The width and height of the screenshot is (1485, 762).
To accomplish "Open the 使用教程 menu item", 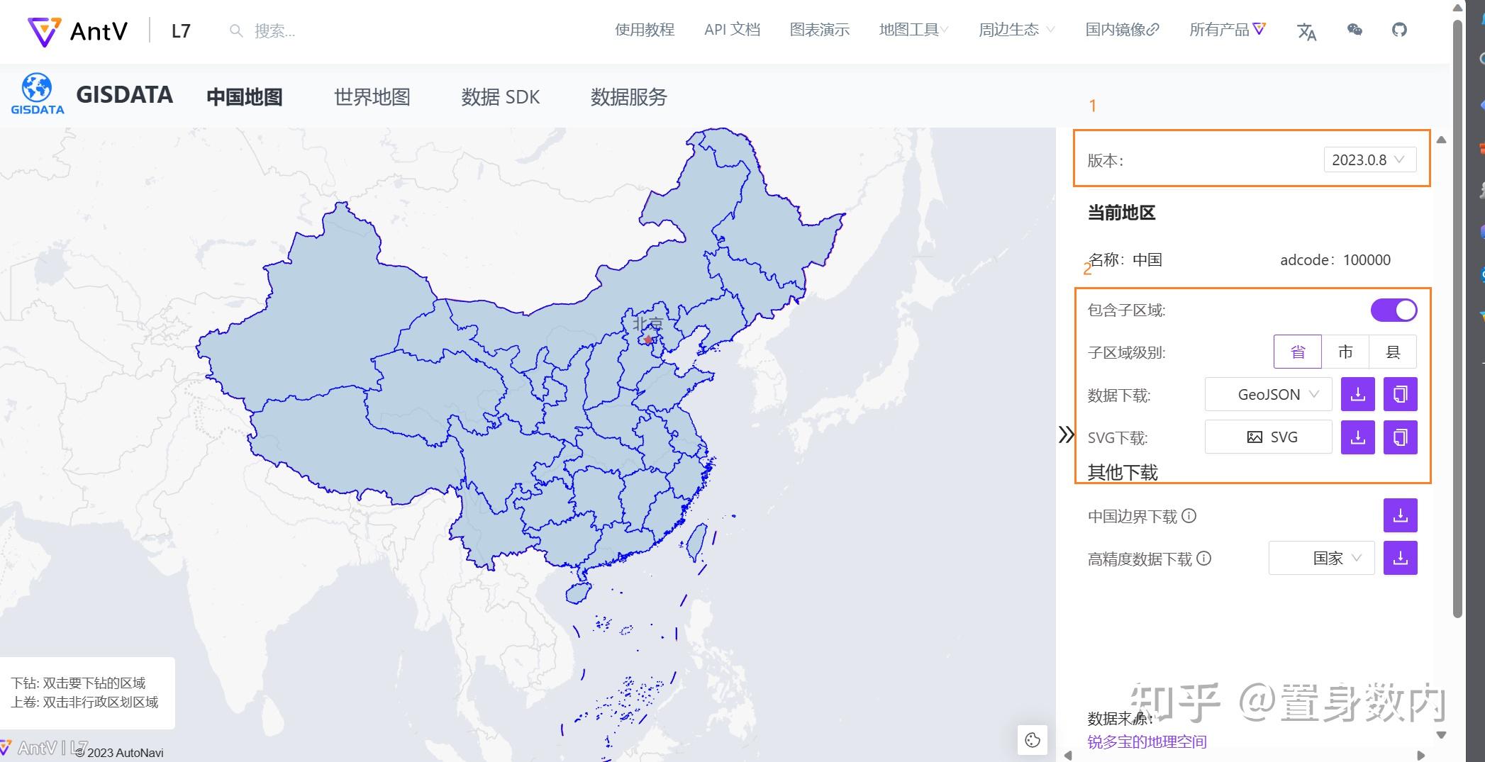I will pyautogui.click(x=644, y=30).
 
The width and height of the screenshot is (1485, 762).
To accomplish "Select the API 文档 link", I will pyautogui.click(x=732, y=30).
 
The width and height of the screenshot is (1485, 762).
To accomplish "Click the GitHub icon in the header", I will pyautogui.click(x=1398, y=30).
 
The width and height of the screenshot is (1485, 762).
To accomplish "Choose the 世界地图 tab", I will pyautogui.click(x=372, y=97).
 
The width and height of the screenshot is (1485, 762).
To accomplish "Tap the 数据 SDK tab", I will pyautogui.click(x=500, y=97).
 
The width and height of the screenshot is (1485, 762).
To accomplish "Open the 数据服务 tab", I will pyautogui.click(x=628, y=97).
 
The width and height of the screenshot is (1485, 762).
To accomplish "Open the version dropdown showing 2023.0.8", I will pyautogui.click(x=1369, y=159).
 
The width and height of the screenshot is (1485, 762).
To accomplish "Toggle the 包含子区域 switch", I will pyautogui.click(x=1393, y=310).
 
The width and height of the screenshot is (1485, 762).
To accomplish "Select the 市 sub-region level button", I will pyautogui.click(x=1345, y=352).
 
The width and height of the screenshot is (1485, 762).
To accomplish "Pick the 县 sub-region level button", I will pyautogui.click(x=1393, y=352).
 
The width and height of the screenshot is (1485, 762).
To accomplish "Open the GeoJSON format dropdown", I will pyautogui.click(x=1268, y=394).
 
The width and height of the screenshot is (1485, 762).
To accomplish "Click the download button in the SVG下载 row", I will pyautogui.click(x=1357, y=437).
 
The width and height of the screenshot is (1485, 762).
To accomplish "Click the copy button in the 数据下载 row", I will pyautogui.click(x=1400, y=394).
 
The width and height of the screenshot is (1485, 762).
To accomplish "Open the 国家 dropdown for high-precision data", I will pyautogui.click(x=1321, y=558).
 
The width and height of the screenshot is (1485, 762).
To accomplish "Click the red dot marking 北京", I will pyautogui.click(x=647, y=340).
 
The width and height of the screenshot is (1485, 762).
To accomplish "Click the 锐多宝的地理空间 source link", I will pyautogui.click(x=1147, y=741).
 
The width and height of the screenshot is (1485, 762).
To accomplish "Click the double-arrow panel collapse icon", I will pyautogui.click(x=1066, y=435).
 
